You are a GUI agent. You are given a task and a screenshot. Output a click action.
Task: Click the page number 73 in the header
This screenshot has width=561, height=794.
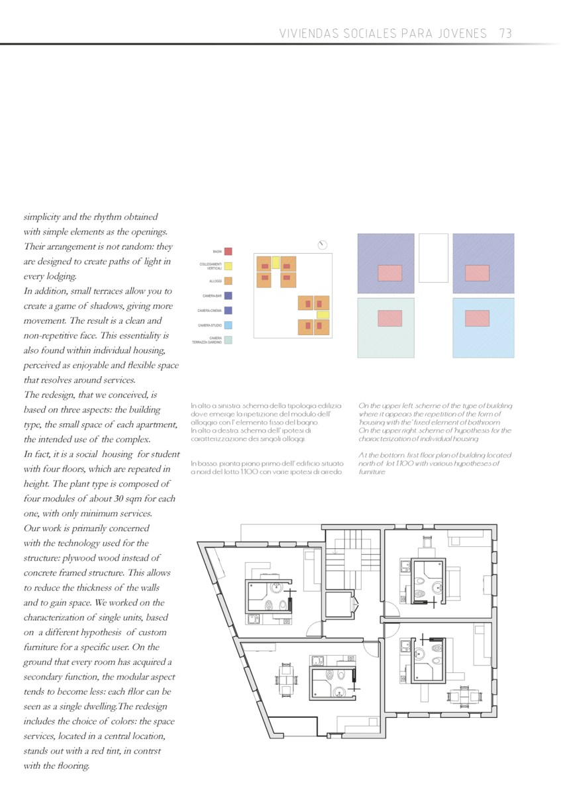click(x=506, y=33)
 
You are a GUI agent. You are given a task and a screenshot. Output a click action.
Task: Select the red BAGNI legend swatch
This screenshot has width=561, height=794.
click(x=228, y=252)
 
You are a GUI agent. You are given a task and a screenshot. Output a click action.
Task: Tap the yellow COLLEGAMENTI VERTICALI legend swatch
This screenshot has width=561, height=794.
click(x=228, y=266)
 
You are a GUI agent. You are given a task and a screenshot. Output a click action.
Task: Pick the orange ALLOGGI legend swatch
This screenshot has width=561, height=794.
click(x=228, y=281)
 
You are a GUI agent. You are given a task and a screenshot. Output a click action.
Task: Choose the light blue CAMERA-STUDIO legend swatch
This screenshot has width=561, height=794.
click(x=228, y=325)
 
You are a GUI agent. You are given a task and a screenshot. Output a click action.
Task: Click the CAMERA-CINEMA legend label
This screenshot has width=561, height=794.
click(x=209, y=311)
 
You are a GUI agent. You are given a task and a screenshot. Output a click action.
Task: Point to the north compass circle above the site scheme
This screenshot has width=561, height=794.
click(x=323, y=244)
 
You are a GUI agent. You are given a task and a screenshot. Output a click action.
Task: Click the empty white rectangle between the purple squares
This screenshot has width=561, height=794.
click(x=433, y=258)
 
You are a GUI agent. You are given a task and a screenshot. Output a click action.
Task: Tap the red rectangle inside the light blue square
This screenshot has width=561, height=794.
click(x=477, y=319)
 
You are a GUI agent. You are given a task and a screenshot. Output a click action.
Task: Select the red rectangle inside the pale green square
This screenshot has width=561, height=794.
click(x=389, y=319)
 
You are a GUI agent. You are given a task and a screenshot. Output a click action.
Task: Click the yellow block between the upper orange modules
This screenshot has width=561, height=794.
click(x=276, y=262)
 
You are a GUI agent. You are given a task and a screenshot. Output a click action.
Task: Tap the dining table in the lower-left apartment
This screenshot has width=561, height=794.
click(x=286, y=678)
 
